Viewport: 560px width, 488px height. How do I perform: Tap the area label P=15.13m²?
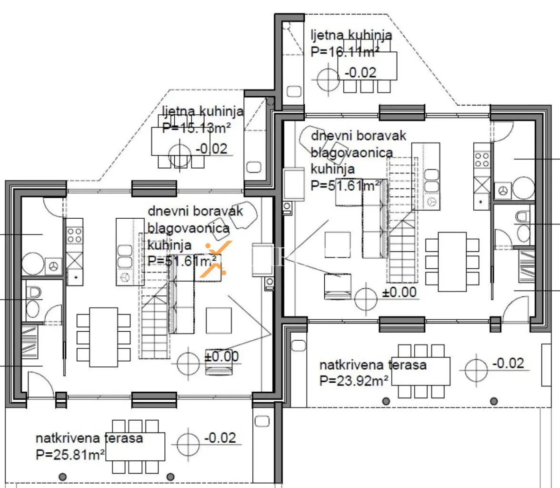196,128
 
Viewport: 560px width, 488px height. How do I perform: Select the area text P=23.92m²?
354,380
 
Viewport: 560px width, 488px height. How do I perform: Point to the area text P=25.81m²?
70,454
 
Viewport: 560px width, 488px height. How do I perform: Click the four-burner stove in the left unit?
74,235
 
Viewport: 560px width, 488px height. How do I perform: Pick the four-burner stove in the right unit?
482,160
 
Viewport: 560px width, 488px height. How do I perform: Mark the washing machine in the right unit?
502,191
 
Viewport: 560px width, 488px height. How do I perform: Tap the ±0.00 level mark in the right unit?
400,292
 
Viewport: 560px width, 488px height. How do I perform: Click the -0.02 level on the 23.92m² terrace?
508,363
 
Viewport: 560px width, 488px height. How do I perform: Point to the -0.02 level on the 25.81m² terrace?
220,438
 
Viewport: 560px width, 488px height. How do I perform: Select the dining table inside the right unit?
452,261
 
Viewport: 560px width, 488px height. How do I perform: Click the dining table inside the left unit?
103,337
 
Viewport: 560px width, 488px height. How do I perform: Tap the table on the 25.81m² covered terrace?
135,446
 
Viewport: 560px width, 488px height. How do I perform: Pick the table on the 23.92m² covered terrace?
423,370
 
